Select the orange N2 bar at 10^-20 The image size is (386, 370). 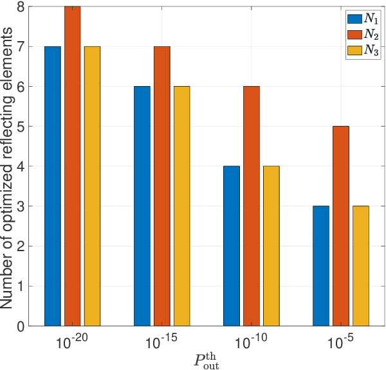point(73,166)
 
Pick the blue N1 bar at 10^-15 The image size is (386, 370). point(142,206)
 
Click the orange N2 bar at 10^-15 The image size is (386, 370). point(162,186)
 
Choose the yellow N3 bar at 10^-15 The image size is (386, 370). point(182,206)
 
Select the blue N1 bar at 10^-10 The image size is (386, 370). point(232,246)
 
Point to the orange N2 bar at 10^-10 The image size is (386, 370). point(252,206)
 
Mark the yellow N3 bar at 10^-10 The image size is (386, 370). point(271,246)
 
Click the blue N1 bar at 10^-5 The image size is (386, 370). point(320,266)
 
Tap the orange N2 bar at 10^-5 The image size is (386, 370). point(341,226)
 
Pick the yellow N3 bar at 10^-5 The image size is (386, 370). point(361,266)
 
